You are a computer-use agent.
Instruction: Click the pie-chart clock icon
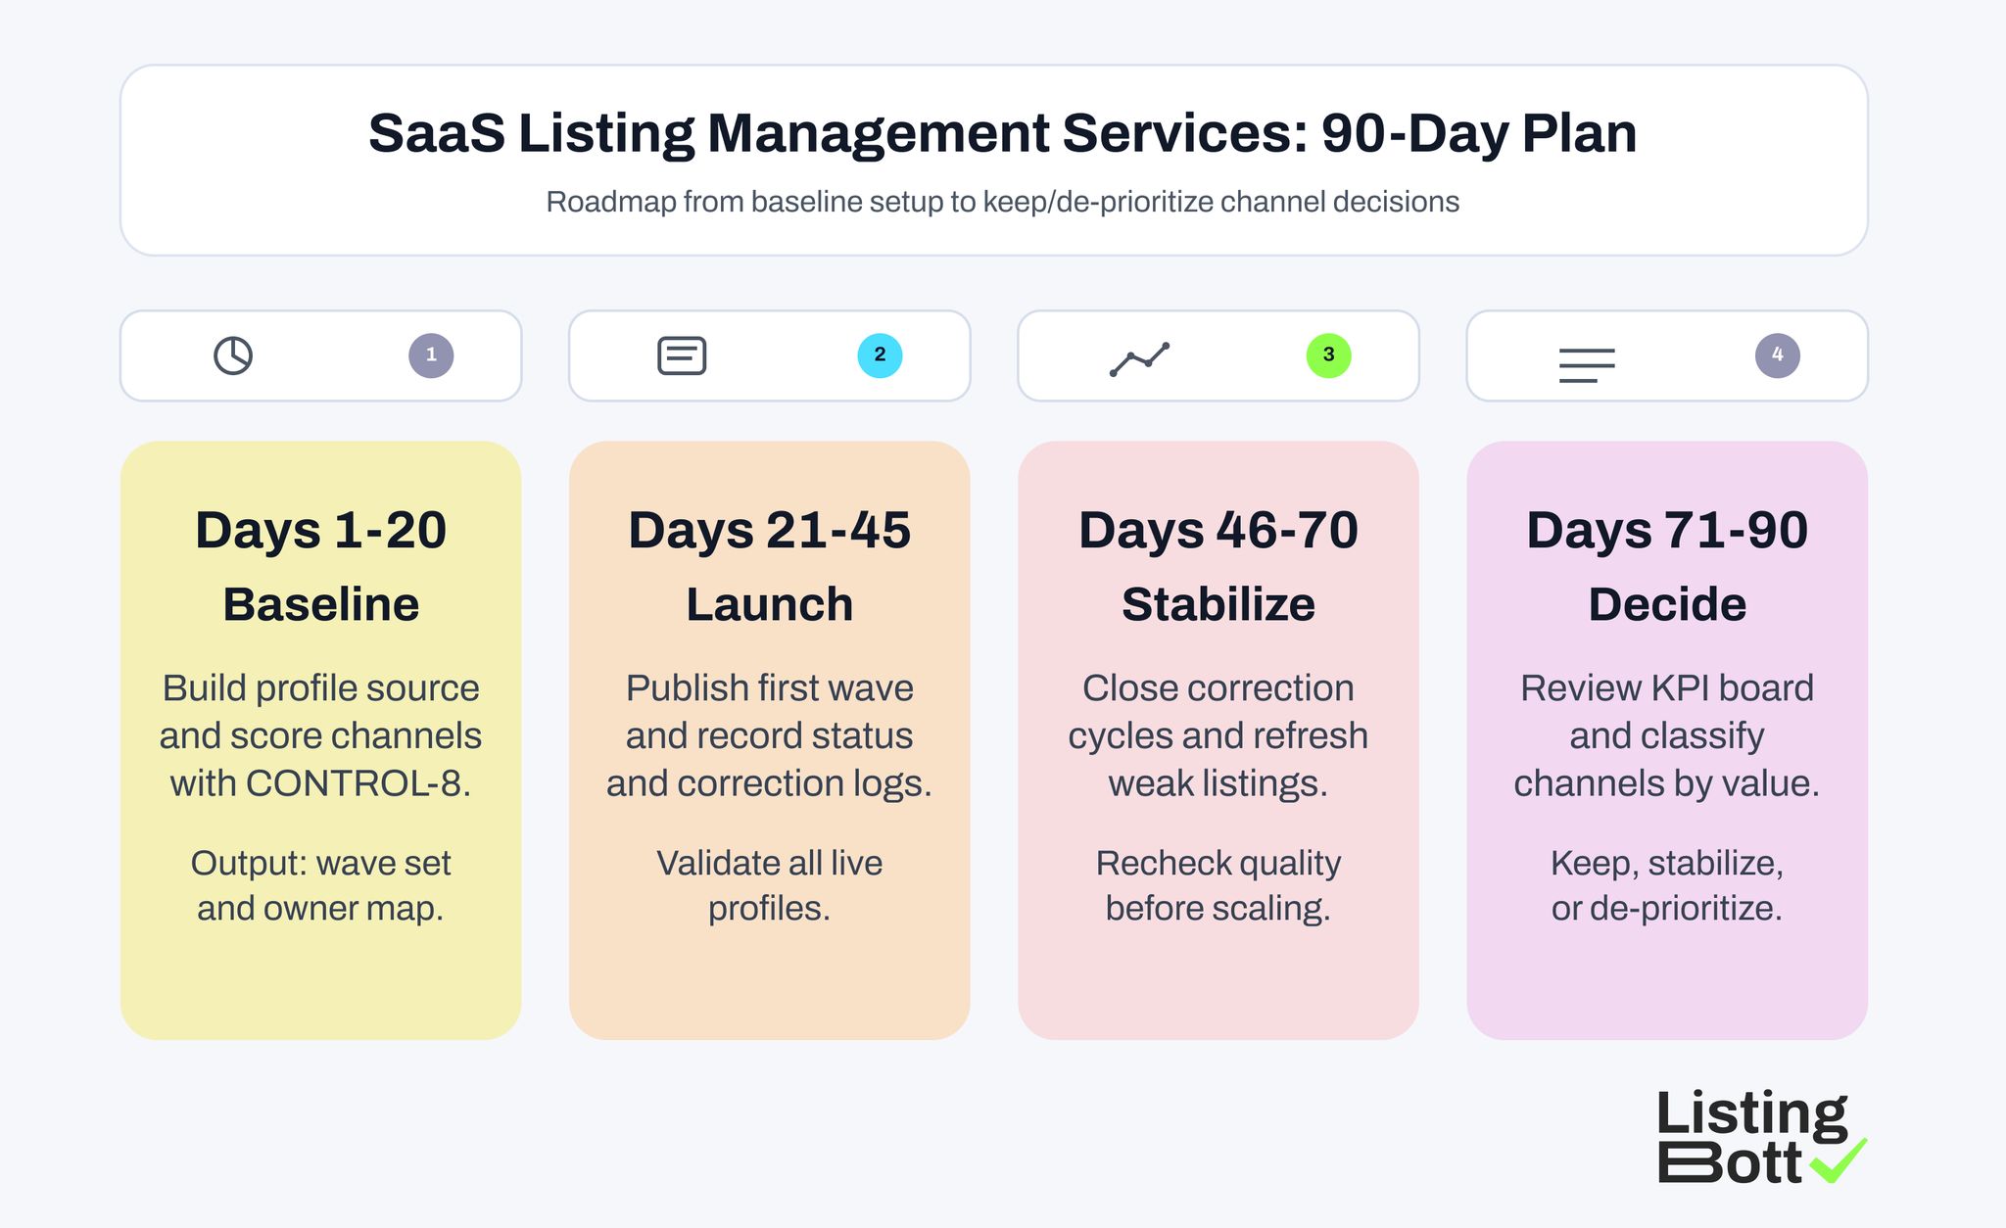[233, 355]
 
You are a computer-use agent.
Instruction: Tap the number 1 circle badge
[431, 355]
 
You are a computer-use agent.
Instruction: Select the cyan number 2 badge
[880, 355]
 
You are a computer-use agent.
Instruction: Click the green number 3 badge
[1328, 355]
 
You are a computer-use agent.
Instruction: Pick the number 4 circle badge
[1777, 355]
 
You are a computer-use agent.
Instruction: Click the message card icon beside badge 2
[682, 355]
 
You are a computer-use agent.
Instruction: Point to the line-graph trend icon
[1139, 359]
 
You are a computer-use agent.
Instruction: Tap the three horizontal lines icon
[1587, 365]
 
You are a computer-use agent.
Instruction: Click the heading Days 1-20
[320, 531]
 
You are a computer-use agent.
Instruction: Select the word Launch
[769, 604]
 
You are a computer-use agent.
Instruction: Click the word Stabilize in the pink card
[1218, 604]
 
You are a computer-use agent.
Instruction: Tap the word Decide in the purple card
[1666, 604]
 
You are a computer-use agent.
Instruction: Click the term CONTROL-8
[357, 783]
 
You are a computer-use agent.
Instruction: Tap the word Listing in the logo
[1750, 1115]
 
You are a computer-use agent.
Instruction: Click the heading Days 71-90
[1666, 531]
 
